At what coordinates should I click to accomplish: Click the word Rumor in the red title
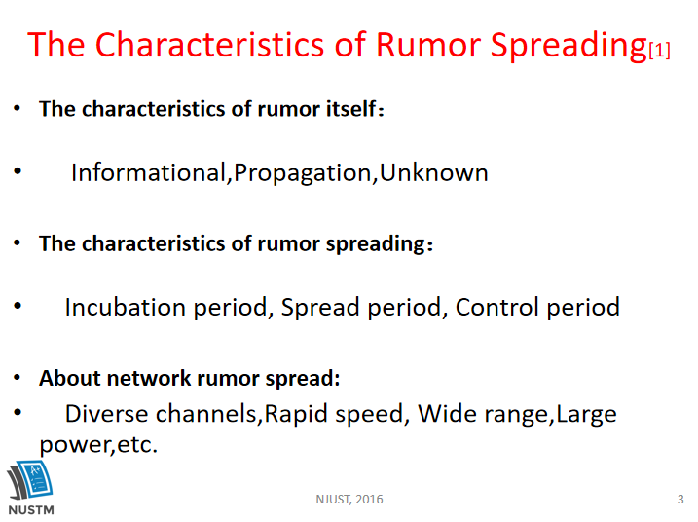428,45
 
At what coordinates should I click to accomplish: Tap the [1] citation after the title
659,50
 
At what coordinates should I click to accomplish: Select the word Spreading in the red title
569,47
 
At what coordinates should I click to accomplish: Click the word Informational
149,172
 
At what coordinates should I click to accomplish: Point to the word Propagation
302,173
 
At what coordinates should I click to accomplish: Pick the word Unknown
434,172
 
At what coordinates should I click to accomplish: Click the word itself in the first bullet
351,109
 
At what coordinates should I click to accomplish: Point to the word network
149,378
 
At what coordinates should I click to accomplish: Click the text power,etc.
98,444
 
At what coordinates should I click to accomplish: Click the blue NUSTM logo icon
30,480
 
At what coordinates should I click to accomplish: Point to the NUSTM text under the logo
31,510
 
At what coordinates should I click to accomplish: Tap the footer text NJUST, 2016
349,500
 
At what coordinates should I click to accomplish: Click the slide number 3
680,500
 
